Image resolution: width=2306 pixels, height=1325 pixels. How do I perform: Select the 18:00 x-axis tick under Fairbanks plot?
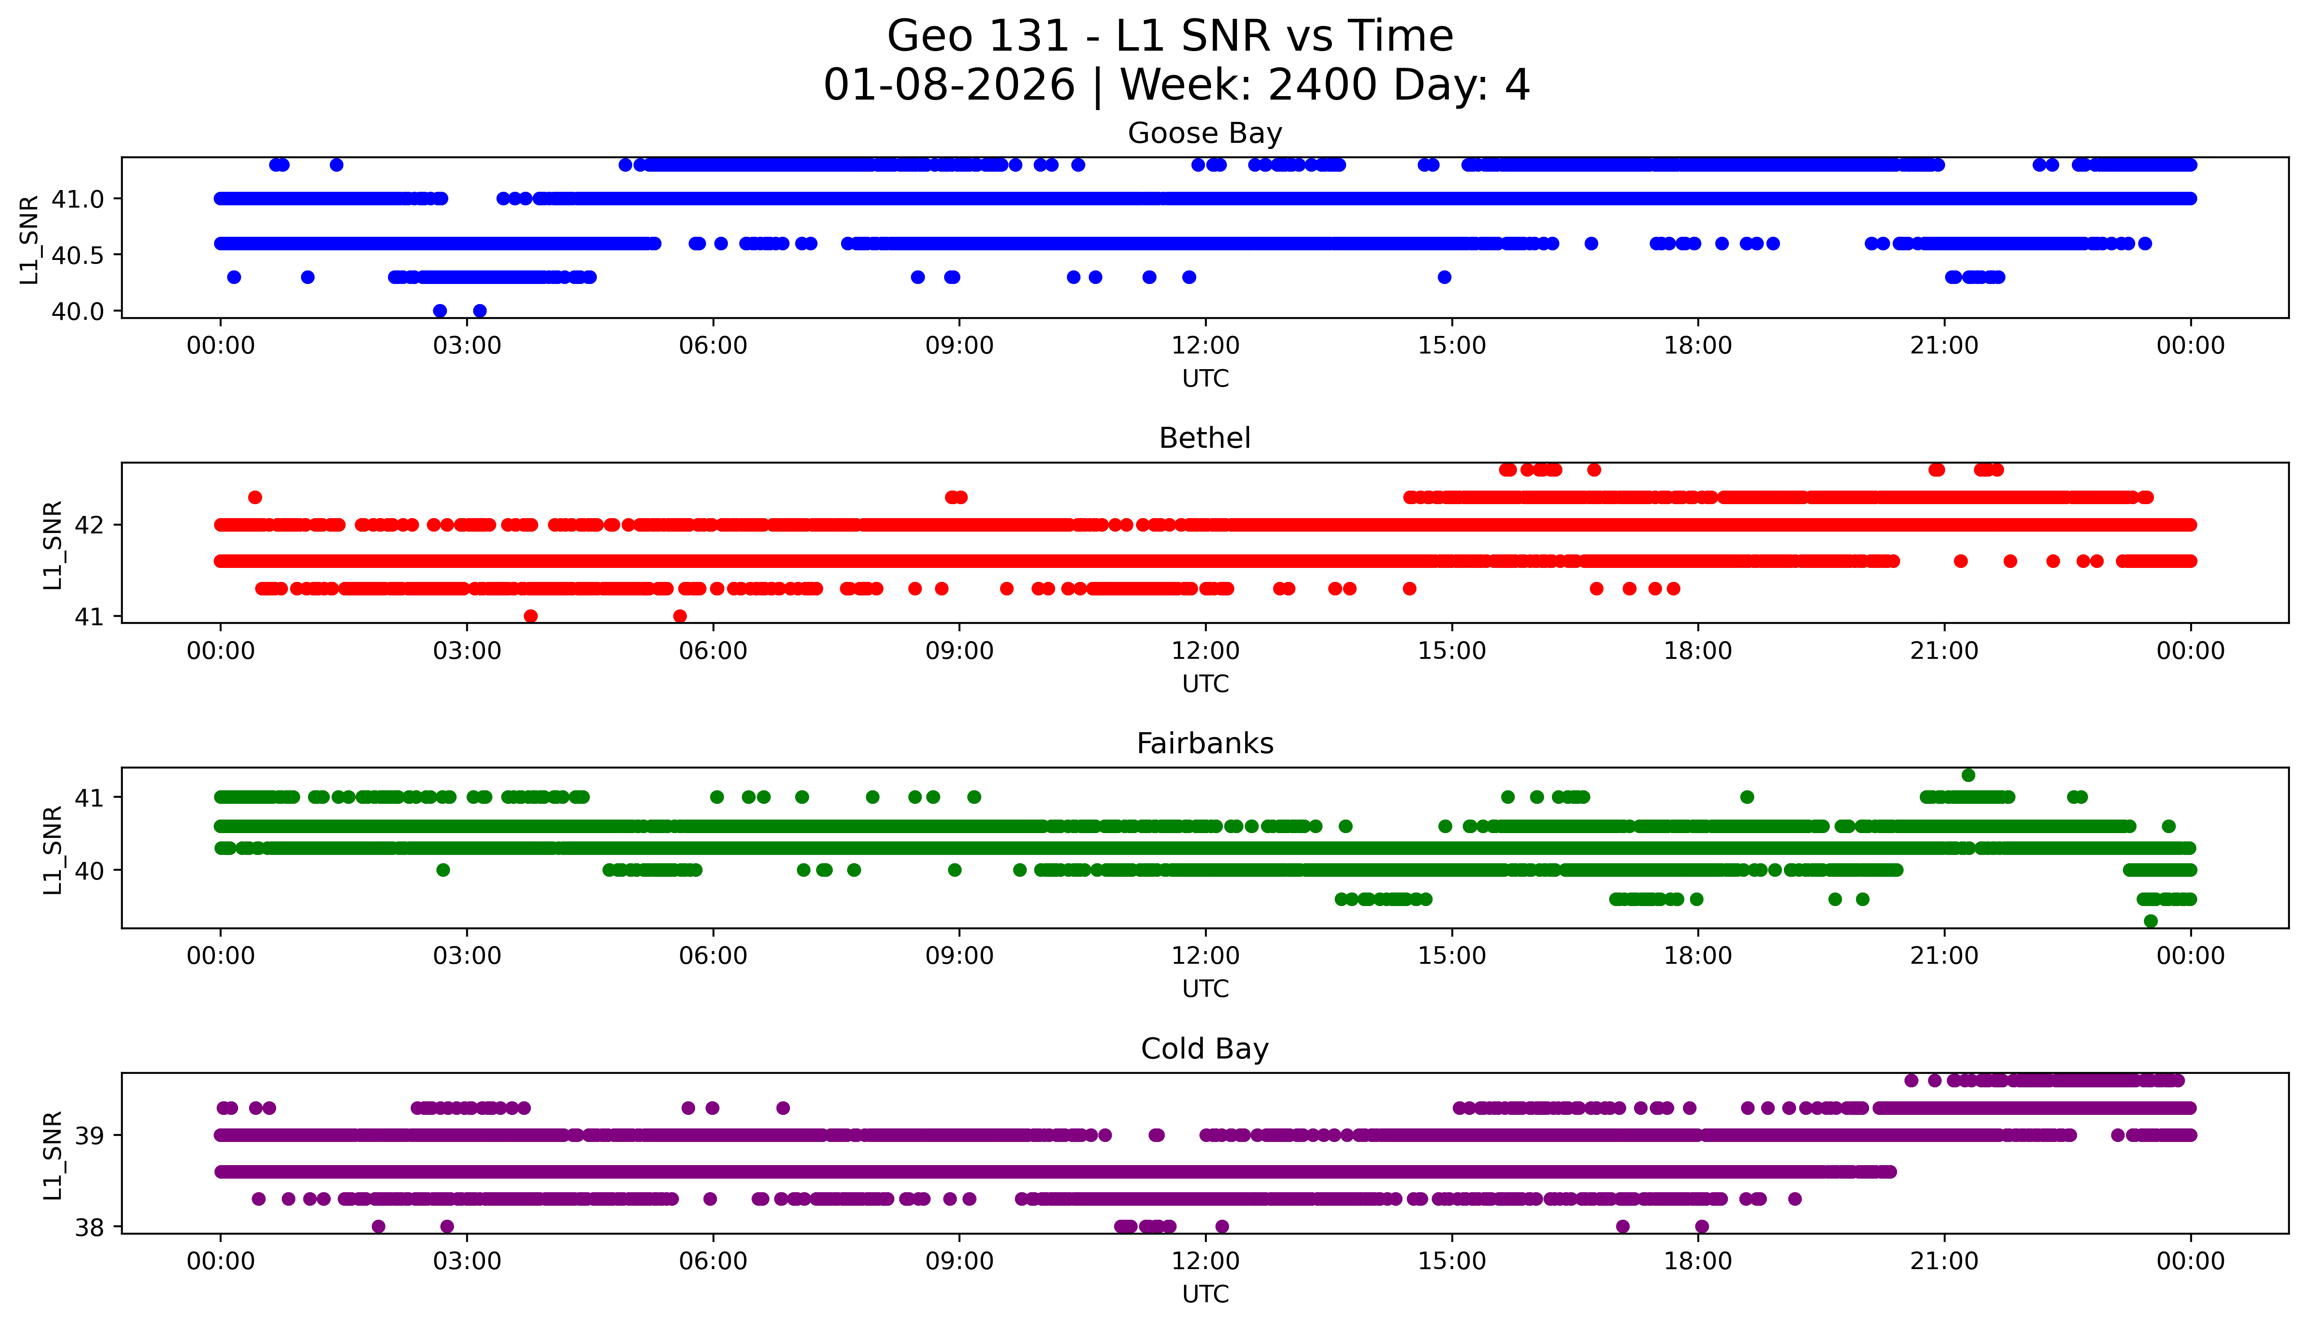tap(1698, 956)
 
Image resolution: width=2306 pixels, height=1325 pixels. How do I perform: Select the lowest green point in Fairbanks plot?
tap(2150, 921)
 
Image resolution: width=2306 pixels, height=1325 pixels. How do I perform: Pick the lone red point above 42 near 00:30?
tap(255, 497)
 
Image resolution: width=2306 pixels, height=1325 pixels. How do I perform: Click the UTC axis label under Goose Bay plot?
tap(1205, 379)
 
